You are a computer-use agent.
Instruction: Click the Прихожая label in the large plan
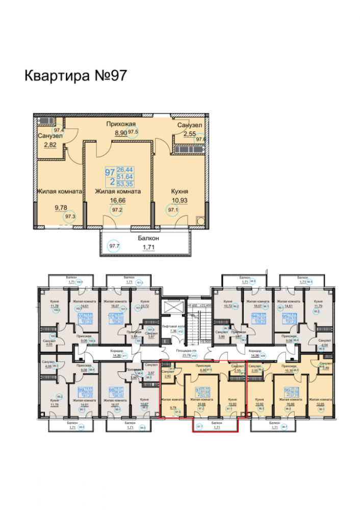click(120, 124)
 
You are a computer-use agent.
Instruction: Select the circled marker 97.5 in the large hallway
click(134, 132)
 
